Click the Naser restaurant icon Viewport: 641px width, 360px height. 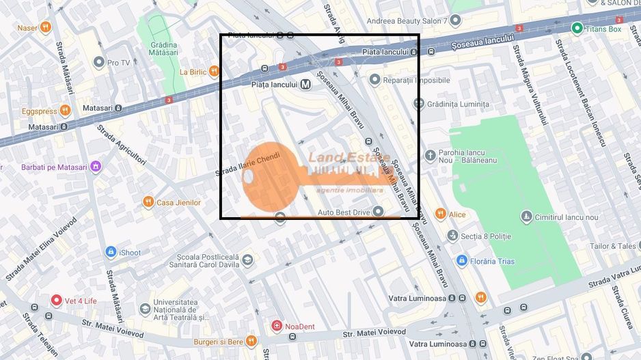click(45, 27)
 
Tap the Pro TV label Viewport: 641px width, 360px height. click(118, 63)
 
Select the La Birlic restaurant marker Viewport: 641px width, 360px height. click(215, 72)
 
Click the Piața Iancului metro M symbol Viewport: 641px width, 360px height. click(305, 85)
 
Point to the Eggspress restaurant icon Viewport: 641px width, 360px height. click(65, 111)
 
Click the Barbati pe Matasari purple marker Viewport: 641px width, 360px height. click(96, 167)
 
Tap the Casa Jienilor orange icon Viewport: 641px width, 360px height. click(148, 202)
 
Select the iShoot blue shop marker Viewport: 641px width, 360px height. click(111, 253)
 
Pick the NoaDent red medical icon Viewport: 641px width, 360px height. click(277, 327)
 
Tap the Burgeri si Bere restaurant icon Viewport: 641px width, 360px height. click(251, 341)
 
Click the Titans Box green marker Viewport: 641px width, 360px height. click(577, 29)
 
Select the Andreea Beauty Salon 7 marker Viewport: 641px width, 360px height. click(454, 21)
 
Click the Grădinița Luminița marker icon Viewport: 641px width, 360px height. click(419, 104)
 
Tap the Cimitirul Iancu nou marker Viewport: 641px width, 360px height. click(526, 217)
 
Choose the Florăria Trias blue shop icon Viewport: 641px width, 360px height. click(462, 261)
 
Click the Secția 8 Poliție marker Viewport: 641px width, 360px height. click(452, 236)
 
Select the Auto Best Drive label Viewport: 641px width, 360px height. click(343, 212)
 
